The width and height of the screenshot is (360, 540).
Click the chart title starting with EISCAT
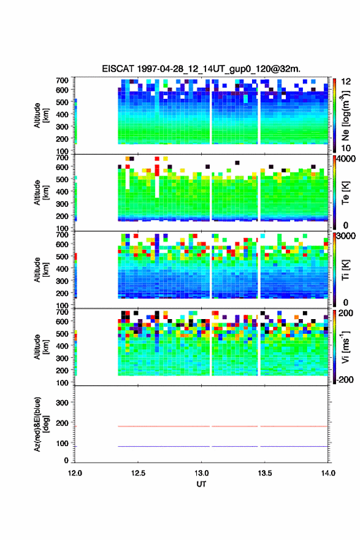tap(201, 69)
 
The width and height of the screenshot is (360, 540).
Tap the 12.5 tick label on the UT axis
tap(138, 473)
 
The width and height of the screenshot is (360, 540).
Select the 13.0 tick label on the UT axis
tap(201, 473)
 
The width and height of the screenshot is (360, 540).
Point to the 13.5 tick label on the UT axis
tap(265, 473)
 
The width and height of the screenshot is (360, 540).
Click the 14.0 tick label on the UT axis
tap(328, 473)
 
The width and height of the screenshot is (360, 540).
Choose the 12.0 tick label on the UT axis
tap(75, 473)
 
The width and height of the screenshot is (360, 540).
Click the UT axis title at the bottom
tap(201, 484)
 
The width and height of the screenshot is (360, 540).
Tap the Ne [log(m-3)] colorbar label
tap(346, 115)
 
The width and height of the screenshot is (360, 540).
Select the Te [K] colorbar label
tap(345, 193)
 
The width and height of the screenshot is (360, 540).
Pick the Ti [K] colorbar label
tap(345, 270)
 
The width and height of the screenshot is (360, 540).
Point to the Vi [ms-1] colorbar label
tap(346, 347)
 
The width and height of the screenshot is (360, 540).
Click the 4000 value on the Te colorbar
tap(347, 159)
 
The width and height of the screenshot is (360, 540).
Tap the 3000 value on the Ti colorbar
tap(347, 236)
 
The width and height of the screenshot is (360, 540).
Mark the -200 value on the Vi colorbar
tap(345, 379)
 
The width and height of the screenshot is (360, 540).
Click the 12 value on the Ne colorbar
tap(346, 82)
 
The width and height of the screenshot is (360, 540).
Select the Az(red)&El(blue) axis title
tap(40, 424)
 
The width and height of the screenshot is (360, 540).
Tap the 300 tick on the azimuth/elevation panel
tap(63, 403)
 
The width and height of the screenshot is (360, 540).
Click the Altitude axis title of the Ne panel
tap(40, 115)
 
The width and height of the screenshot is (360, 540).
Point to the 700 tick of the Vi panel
tap(63, 312)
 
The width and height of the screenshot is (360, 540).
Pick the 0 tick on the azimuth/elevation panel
tap(66, 460)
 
